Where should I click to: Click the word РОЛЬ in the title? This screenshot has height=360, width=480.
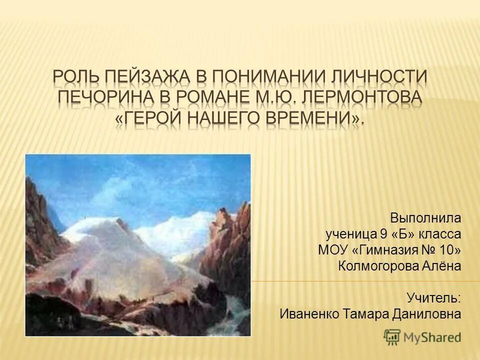click(x=75, y=78)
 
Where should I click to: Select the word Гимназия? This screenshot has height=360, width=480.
click(x=384, y=250)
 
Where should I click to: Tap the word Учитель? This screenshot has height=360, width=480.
click(x=433, y=298)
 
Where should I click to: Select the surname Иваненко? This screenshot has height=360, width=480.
click(x=309, y=314)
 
